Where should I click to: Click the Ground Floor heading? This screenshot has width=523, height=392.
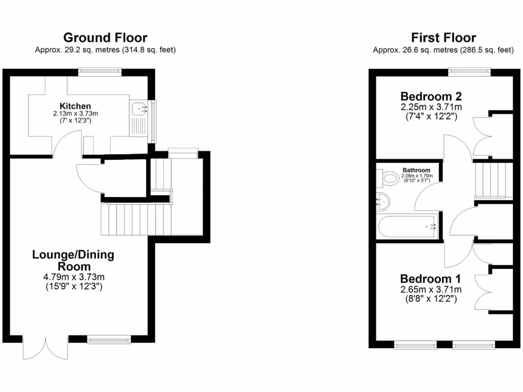pyautogui.click(x=105, y=37)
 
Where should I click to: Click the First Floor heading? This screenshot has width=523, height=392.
pyautogui.click(x=443, y=37)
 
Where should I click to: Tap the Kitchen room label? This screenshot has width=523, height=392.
pyautogui.click(x=75, y=106)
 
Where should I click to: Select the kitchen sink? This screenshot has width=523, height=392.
pyautogui.click(x=139, y=109)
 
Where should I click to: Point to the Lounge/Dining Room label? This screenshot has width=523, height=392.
pyautogui.click(x=73, y=260)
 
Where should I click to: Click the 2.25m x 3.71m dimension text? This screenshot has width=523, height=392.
pyautogui.click(x=431, y=107)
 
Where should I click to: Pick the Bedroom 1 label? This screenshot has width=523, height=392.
pyautogui.click(x=431, y=279)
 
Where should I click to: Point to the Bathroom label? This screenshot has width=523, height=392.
pyautogui.click(x=416, y=170)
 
